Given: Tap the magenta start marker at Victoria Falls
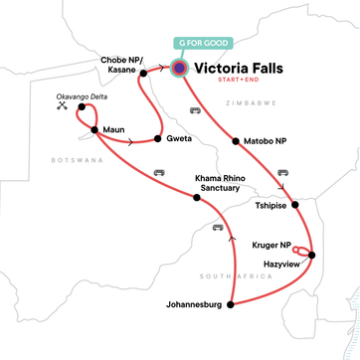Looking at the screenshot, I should pyautogui.click(x=180, y=69).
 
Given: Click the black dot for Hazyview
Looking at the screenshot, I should pyautogui.click(x=311, y=256).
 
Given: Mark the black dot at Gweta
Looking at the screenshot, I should pyautogui.click(x=159, y=140).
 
